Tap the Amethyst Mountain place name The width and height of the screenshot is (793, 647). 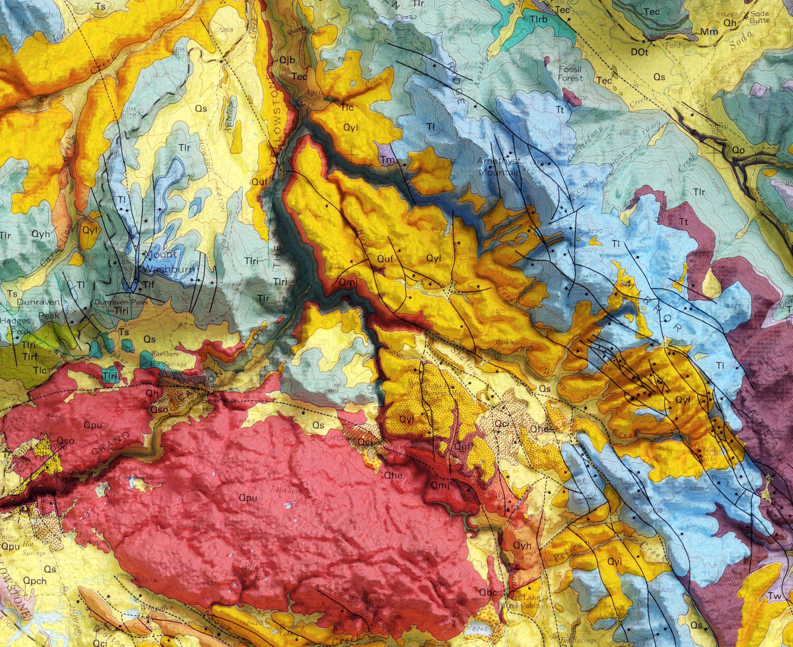(x=498, y=166)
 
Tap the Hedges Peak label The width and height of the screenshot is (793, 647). (x=15, y=326)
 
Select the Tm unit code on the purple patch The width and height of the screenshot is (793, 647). (x=387, y=160)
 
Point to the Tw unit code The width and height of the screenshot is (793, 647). (x=775, y=596)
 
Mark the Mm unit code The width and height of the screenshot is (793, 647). (x=708, y=32)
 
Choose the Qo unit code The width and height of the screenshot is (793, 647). (x=738, y=149)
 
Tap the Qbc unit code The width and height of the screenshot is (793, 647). (x=487, y=592)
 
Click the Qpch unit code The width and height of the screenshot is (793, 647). (x=35, y=580)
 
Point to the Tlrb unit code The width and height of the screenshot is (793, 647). (x=538, y=19)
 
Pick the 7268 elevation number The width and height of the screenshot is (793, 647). (x=225, y=30)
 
